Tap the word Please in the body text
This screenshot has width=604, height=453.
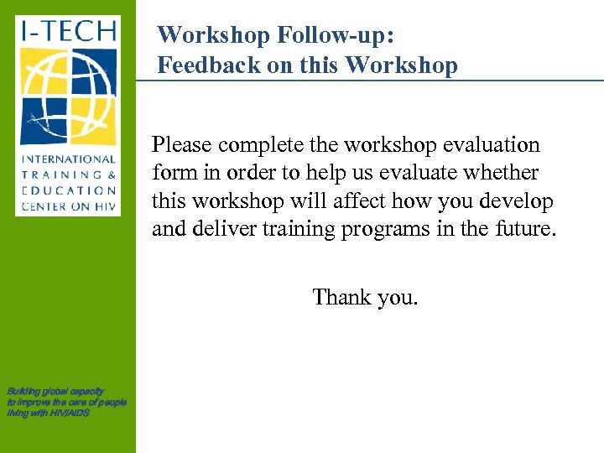point(182,145)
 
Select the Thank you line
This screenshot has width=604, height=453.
point(365,297)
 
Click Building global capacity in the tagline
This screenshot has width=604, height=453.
point(55,391)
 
